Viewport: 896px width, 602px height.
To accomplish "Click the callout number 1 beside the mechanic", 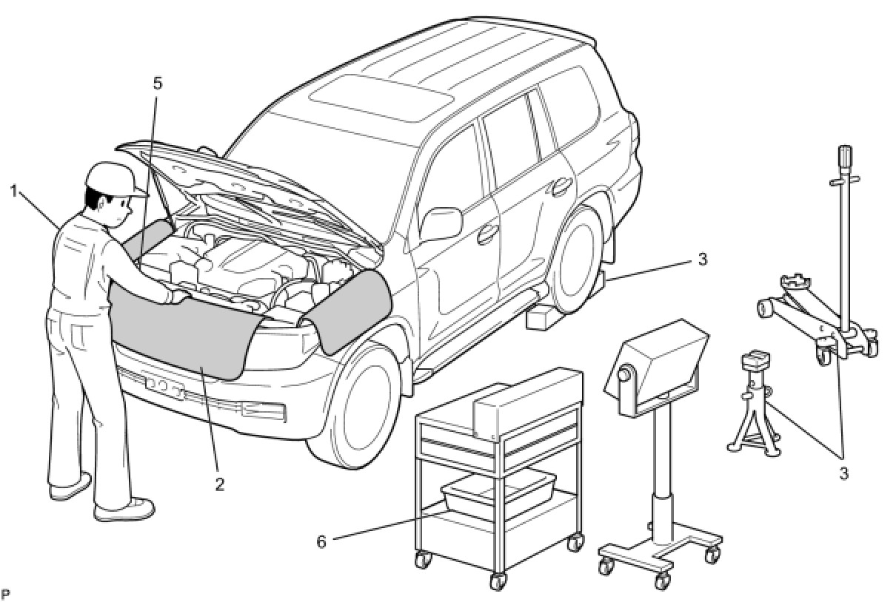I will (x=13, y=191).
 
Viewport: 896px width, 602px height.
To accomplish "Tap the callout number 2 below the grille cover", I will (x=218, y=484).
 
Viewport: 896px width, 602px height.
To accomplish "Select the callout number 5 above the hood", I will (x=157, y=83).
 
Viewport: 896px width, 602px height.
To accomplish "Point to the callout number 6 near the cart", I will (x=321, y=541).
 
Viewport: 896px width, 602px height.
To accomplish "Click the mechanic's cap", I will (x=113, y=177).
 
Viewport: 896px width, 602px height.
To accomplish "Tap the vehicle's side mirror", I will (x=441, y=223).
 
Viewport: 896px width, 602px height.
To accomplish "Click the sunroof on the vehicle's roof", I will (x=381, y=97).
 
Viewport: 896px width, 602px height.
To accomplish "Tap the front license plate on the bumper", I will (x=165, y=386).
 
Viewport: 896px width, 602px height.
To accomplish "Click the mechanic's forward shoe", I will (x=125, y=510).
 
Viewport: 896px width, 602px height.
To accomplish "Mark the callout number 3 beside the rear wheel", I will (x=702, y=260).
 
